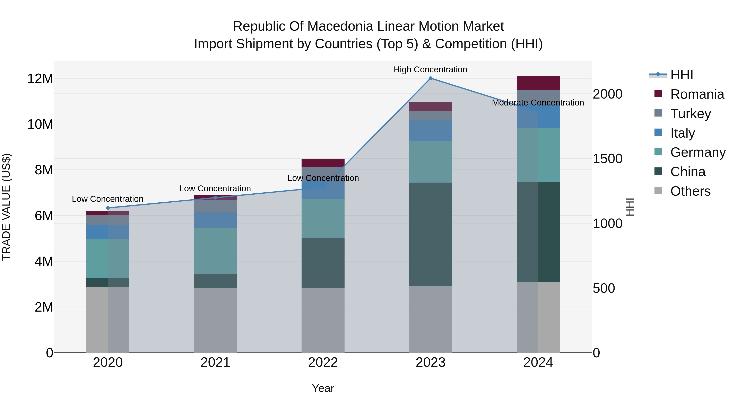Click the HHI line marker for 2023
click(x=430, y=78)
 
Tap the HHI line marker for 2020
click(x=108, y=208)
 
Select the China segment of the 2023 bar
click(x=430, y=234)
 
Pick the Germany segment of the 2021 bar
click(x=215, y=251)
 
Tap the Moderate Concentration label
click(x=538, y=103)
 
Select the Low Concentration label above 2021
click(x=215, y=188)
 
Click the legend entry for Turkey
click(x=690, y=114)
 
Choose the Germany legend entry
click(x=698, y=152)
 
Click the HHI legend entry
click(x=682, y=75)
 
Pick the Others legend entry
click(x=690, y=191)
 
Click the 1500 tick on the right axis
click(x=607, y=159)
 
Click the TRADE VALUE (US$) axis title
click(x=6, y=207)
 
